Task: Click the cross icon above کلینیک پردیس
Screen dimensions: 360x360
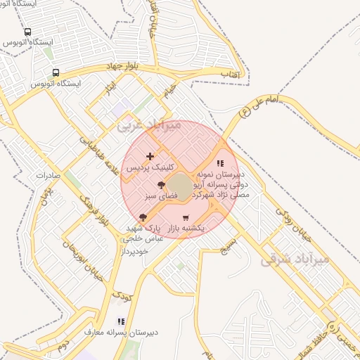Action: tap(150, 156)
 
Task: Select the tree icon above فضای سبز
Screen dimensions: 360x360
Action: tap(161, 184)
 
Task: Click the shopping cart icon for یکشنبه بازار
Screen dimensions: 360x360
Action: tap(186, 218)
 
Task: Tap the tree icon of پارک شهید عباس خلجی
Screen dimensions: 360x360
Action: tap(143, 217)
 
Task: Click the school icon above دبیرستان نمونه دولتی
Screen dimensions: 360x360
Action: tap(220, 163)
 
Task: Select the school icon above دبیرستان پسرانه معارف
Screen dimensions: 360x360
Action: tap(121, 321)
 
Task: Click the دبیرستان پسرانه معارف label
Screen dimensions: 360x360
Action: tap(121, 331)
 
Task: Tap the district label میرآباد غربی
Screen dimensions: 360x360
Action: tap(149, 125)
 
